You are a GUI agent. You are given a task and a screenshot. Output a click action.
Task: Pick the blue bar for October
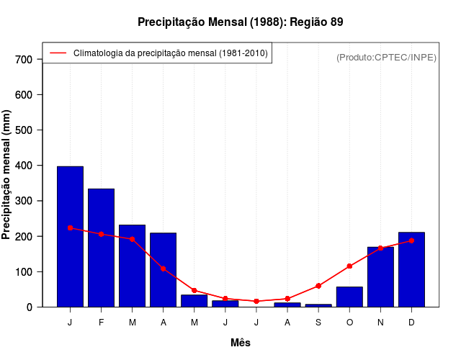pos(349,297)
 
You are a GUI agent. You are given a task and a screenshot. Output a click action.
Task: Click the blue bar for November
pos(380,281)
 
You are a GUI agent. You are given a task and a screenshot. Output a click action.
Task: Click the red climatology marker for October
pos(349,266)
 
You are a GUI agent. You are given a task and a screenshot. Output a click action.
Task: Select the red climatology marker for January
pos(70,228)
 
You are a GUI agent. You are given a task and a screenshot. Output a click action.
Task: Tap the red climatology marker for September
pos(318,286)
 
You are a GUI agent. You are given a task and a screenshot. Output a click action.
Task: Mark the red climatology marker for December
pos(411,240)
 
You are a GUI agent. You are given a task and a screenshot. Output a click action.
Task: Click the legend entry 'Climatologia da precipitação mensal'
pos(170,53)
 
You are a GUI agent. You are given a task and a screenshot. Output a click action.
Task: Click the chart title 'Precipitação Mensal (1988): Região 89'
pos(240,22)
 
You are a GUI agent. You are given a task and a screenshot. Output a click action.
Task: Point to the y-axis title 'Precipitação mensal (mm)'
pos(7,175)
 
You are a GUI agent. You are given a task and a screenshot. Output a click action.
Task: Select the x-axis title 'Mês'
pos(241,343)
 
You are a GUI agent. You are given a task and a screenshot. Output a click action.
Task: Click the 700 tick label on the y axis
pos(24,59)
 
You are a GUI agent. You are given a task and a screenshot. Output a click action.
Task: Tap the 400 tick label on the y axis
pos(24,166)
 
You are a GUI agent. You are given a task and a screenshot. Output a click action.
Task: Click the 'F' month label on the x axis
pos(101,322)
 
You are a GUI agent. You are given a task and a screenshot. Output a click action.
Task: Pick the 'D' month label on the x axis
pos(411,322)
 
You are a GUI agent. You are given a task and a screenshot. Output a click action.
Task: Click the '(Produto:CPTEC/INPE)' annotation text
pos(386,57)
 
